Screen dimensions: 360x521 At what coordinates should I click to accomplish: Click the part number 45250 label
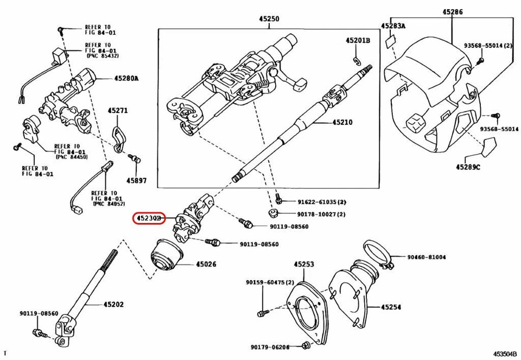[x=269, y=18]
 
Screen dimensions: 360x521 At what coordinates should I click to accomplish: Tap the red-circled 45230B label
[x=149, y=218]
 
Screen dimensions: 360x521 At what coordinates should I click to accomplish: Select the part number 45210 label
[x=340, y=123]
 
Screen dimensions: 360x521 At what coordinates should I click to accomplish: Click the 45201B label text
[x=358, y=40]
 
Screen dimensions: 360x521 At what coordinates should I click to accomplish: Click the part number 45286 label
[x=452, y=11]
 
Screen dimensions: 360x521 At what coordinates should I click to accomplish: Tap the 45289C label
[x=468, y=167]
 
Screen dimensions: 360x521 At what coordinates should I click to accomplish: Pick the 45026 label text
[x=206, y=264]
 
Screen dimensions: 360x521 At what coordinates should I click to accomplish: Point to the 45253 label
[x=304, y=264]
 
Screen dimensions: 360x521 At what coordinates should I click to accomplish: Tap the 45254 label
[x=391, y=307]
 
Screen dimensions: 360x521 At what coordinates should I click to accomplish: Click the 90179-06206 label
[x=270, y=347]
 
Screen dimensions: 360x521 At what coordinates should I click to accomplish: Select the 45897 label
[x=136, y=180]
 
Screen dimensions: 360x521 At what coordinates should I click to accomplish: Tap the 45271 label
[x=118, y=111]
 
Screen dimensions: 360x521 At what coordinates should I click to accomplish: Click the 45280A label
[x=126, y=78]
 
